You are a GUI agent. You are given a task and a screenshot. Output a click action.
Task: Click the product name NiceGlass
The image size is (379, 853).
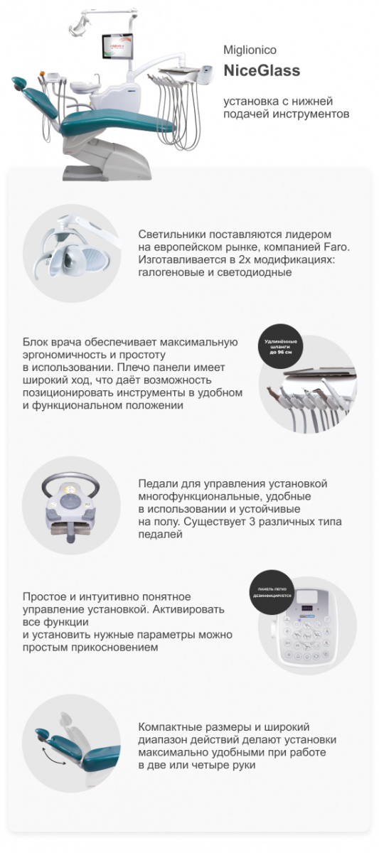(x=262, y=70)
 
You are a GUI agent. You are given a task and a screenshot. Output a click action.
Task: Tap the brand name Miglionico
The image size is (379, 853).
(x=250, y=50)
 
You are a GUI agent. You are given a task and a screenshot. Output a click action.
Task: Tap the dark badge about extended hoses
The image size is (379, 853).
(x=284, y=348)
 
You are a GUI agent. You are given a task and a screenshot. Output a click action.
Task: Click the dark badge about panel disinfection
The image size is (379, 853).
(x=271, y=592)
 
